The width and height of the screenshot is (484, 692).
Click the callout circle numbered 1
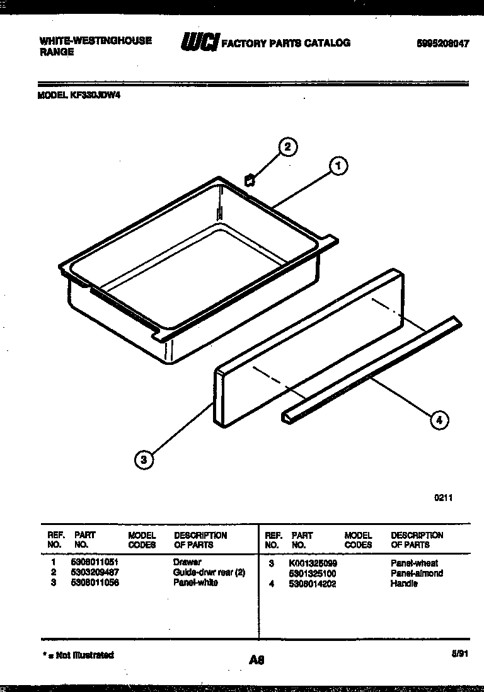[338, 166]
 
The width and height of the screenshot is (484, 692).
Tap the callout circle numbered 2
[287, 147]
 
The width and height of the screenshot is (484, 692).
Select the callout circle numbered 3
[144, 461]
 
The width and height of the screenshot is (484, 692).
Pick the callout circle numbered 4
[439, 420]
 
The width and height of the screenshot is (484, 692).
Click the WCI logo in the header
[200, 42]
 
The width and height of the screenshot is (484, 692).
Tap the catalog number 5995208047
[443, 44]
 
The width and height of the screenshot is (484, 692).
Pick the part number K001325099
[313, 563]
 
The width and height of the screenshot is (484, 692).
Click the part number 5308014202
[313, 584]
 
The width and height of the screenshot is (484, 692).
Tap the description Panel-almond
[417, 574]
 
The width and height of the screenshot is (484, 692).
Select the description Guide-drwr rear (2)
[209, 572]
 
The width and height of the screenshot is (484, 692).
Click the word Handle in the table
[404, 584]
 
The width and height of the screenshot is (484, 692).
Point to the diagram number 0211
[443, 497]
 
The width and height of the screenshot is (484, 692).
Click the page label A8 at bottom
[256, 660]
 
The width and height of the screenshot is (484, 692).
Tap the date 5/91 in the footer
[461, 655]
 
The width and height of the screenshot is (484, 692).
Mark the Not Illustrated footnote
[78, 655]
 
